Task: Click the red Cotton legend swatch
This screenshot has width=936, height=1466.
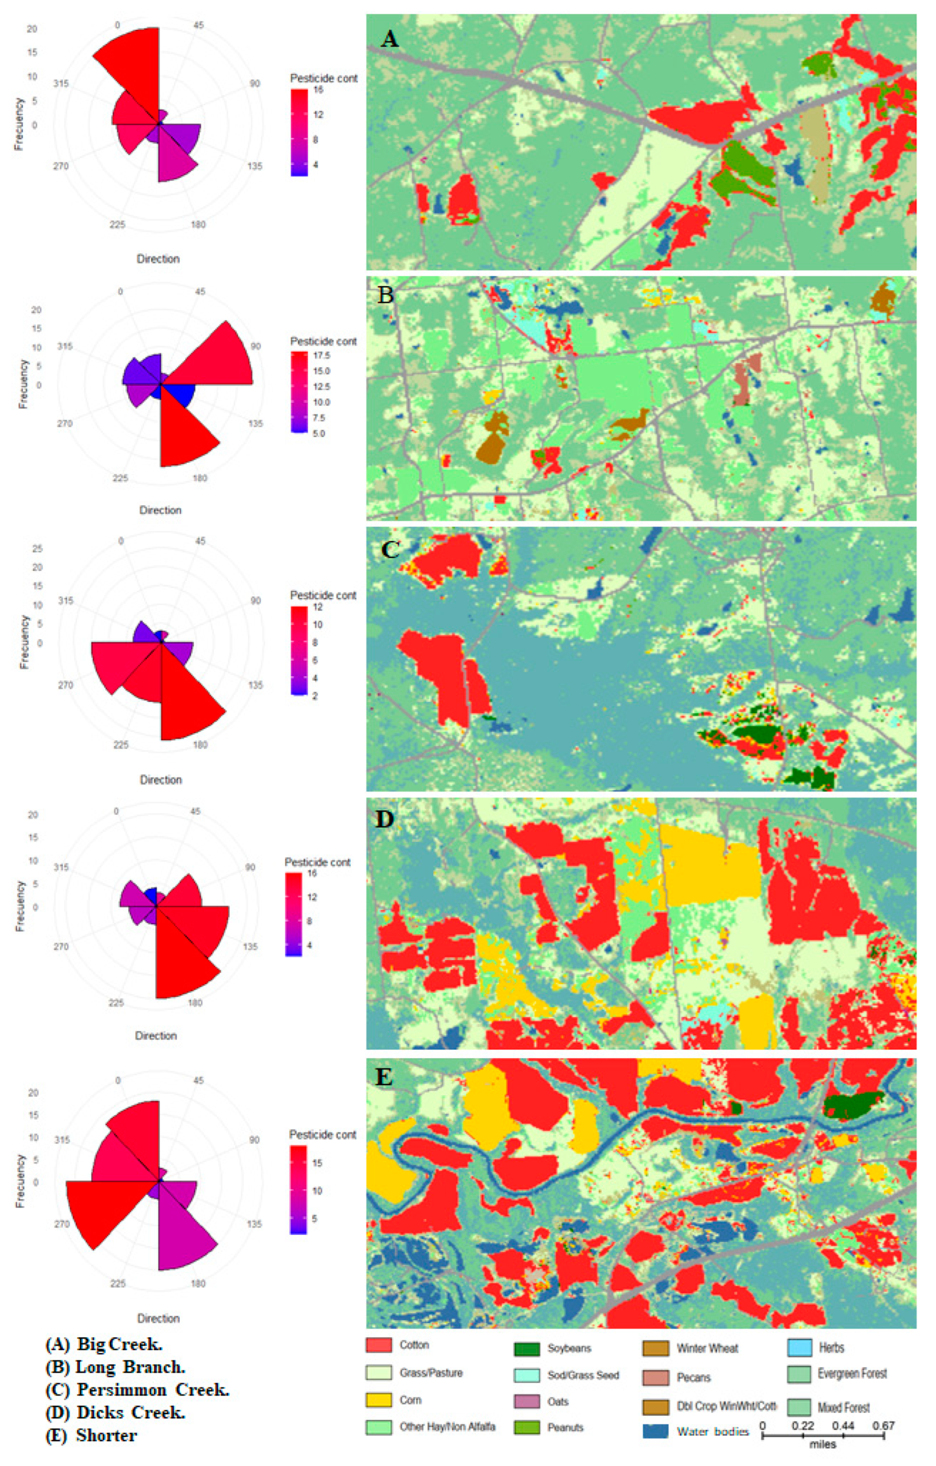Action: (378, 1345)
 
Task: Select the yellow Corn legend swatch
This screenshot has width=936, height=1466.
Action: (378, 1400)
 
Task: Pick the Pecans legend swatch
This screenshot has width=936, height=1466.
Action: (655, 1377)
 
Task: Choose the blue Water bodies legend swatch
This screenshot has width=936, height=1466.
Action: (655, 1431)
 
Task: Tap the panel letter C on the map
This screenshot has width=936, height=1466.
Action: (389, 549)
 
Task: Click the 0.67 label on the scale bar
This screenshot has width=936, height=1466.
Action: (883, 1425)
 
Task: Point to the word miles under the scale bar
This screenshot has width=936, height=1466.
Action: (823, 1444)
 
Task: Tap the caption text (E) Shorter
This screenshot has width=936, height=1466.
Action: (91, 1435)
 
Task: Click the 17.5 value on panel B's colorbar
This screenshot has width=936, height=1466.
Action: (321, 355)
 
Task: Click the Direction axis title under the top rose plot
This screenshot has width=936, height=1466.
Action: (158, 259)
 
